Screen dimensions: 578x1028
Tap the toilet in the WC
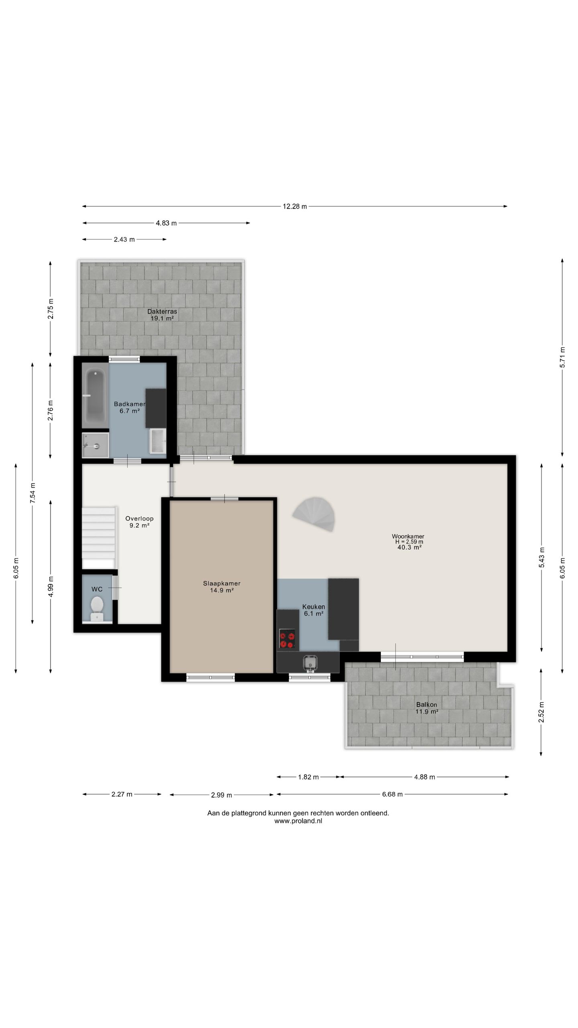(x=97, y=608)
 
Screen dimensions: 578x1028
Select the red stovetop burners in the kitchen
(x=287, y=638)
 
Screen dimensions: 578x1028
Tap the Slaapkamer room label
(x=222, y=583)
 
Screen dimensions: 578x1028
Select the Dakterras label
(x=162, y=311)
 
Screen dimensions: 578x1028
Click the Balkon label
(x=427, y=704)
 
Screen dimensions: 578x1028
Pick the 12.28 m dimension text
(x=295, y=206)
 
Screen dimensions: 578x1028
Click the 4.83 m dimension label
(x=166, y=223)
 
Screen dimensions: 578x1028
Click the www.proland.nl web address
(x=298, y=821)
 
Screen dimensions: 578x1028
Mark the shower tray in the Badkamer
(x=96, y=445)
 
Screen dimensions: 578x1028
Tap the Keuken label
(x=313, y=607)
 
